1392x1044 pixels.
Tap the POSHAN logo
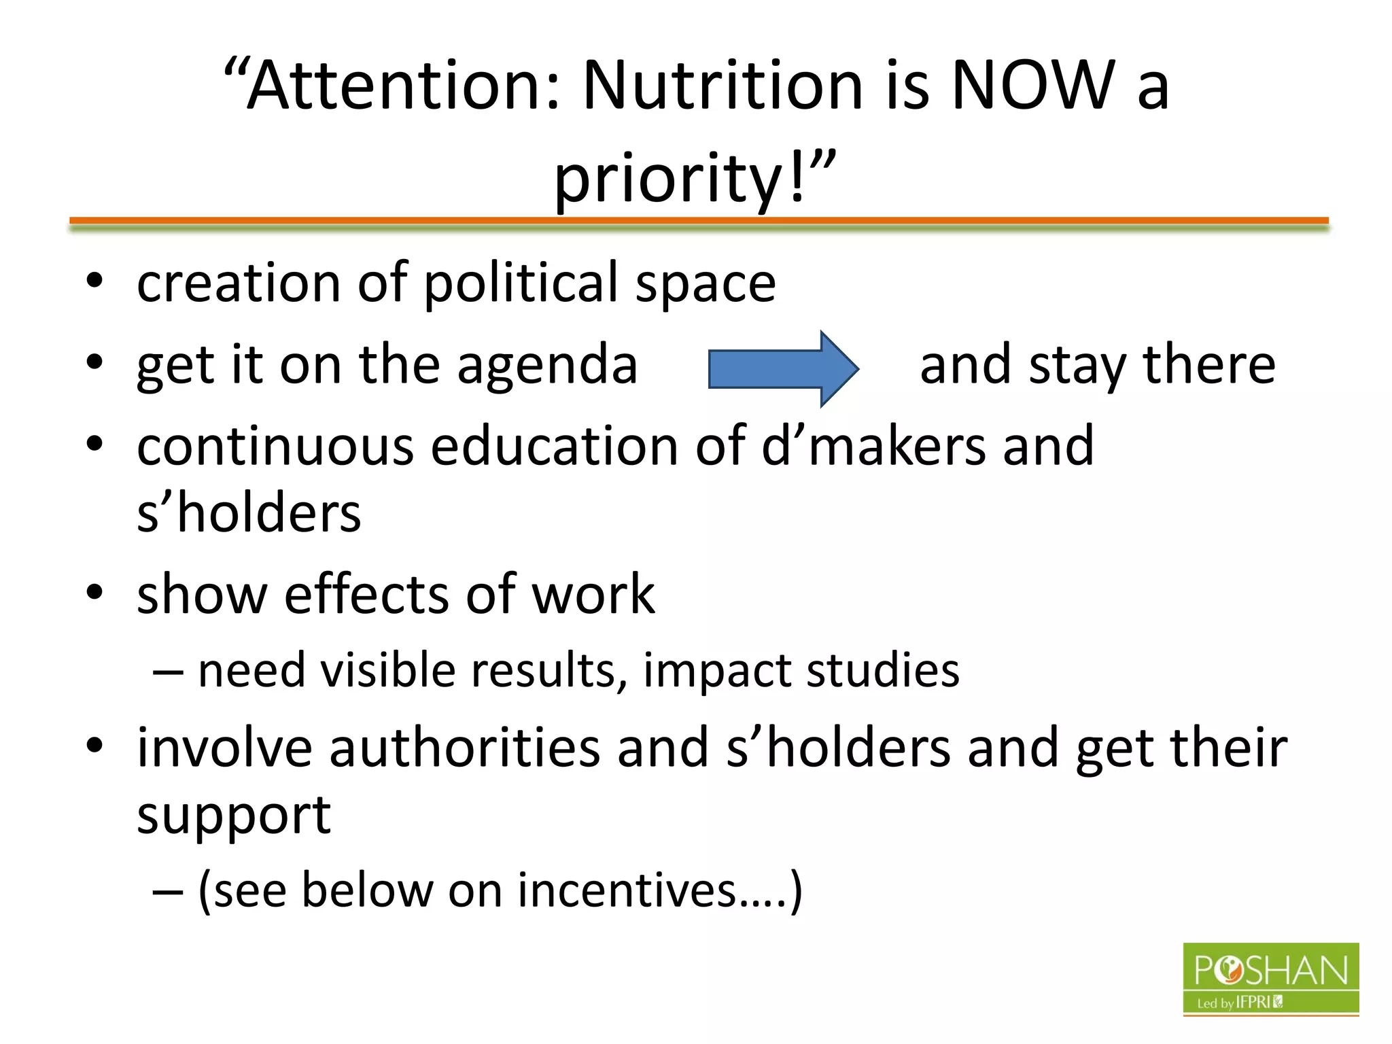coord(1270,979)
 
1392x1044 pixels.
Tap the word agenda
coord(547,366)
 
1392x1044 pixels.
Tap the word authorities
coord(465,748)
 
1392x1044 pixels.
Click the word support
coord(234,816)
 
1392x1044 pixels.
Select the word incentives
coord(627,890)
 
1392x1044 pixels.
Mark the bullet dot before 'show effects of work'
coord(94,593)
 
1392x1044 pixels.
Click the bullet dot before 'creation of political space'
coord(94,281)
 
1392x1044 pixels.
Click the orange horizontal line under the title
coord(699,220)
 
